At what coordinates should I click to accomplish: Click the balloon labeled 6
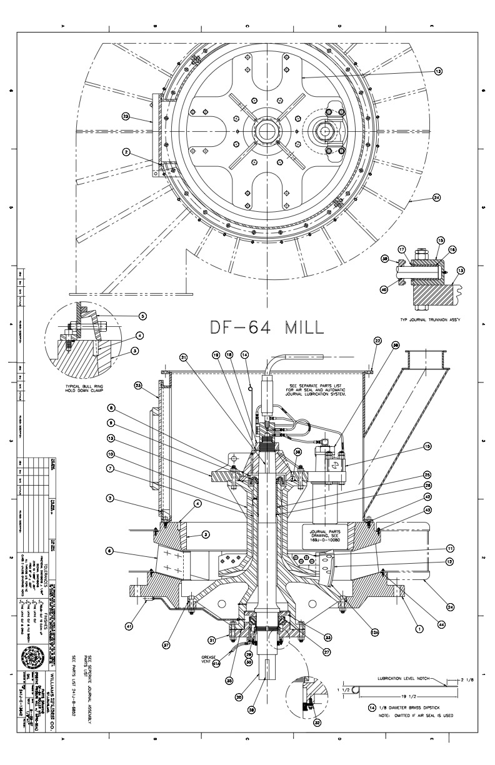[x=109, y=551]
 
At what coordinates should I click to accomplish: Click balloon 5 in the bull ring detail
[x=143, y=316]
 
